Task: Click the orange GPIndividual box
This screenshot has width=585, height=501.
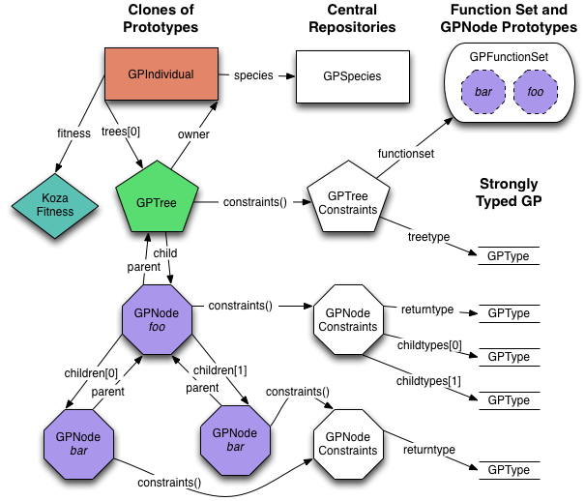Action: pyautogui.click(x=161, y=73)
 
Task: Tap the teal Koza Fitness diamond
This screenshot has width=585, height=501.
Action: pyautogui.click(x=55, y=204)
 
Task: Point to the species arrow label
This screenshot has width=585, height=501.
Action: pyautogui.click(x=253, y=74)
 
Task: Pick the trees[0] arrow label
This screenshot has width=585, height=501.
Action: pyautogui.click(x=121, y=133)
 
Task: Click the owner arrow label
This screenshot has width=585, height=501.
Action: pyautogui.click(x=193, y=133)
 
